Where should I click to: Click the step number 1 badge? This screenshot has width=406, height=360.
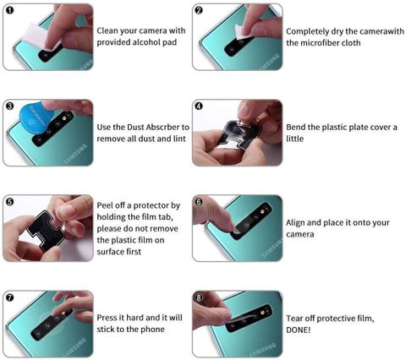(9, 11)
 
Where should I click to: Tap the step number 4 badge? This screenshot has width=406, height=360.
(199, 106)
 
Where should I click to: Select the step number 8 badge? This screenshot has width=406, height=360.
(199, 297)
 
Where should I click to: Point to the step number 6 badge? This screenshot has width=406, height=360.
(199, 202)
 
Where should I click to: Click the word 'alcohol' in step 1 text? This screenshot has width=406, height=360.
(145, 42)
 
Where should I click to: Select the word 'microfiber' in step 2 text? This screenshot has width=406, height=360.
(319, 43)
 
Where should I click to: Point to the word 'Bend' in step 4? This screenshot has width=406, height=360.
(296, 127)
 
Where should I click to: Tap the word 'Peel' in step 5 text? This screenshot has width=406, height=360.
(105, 205)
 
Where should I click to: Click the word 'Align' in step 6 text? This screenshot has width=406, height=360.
(295, 222)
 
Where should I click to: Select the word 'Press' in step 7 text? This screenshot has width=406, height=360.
(107, 318)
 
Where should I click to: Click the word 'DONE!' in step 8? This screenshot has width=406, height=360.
(299, 330)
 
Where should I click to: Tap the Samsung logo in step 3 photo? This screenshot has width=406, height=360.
(75, 154)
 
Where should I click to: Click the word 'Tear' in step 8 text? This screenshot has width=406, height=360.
(294, 319)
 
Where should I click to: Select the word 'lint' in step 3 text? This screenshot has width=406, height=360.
(179, 139)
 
